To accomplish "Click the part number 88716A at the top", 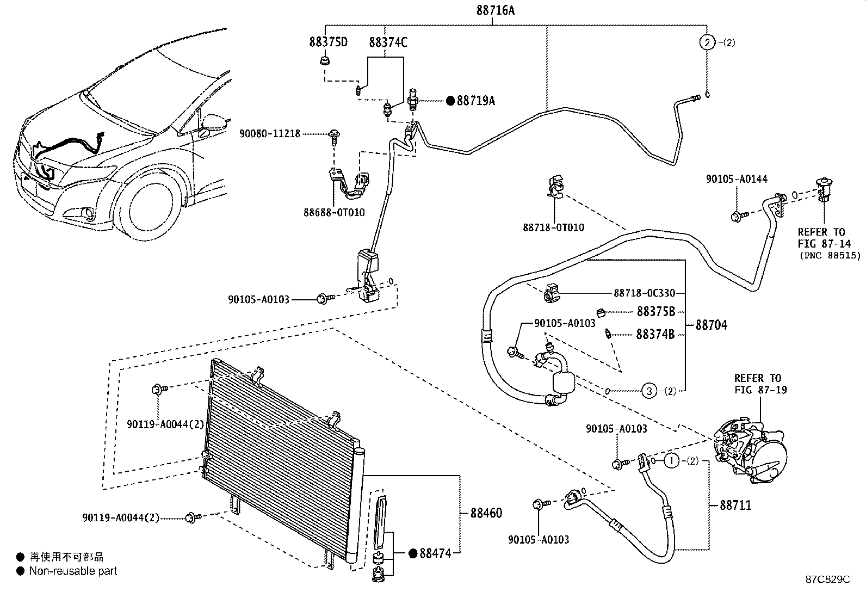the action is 495,10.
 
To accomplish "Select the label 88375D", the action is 328,42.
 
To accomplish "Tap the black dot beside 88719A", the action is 450,101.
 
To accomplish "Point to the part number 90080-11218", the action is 270,134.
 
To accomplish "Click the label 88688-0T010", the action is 334,212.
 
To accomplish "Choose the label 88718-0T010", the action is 554,227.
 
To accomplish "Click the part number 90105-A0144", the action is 737,179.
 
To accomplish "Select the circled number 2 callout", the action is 707,42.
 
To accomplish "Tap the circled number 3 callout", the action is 649,391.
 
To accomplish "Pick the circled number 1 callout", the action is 672,461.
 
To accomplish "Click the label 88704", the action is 712,325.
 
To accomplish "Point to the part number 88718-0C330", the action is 645,293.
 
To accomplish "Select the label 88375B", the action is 655,311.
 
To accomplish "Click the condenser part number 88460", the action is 486,513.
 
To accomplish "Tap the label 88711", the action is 735,505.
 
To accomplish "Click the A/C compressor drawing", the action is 750,451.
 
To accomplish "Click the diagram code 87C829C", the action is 828,579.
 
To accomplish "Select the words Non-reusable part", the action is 73,571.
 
